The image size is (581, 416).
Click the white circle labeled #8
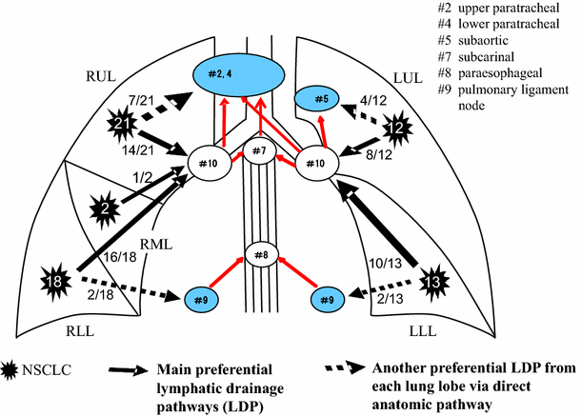click(x=259, y=255)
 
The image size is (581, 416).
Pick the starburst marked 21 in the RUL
click(x=121, y=125)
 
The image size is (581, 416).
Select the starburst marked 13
click(x=434, y=282)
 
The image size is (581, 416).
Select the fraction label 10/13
click(x=379, y=261)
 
